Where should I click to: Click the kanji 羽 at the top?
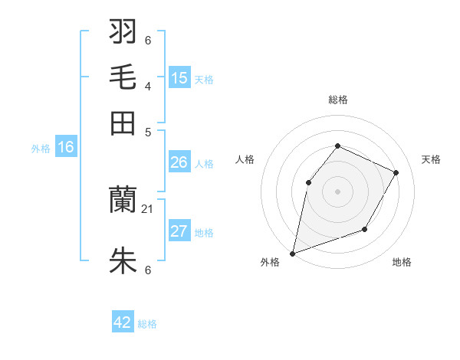(x=123, y=31)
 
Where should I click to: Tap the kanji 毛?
(x=123, y=77)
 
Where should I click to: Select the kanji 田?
(x=123, y=123)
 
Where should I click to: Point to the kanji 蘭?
(x=123, y=200)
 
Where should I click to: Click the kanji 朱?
(x=123, y=261)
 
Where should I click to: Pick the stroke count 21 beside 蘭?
(x=148, y=208)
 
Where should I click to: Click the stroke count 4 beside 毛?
(x=148, y=86)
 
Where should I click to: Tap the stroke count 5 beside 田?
(x=148, y=131)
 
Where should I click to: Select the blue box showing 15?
(x=179, y=77)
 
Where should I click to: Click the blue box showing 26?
(x=179, y=162)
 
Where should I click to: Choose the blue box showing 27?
(x=179, y=231)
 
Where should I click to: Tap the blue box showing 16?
(x=66, y=147)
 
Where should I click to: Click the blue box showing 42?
(x=123, y=322)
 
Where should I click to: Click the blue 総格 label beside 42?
(x=147, y=324)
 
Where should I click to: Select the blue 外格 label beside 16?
(x=41, y=149)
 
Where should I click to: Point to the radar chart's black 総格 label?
(x=337, y=100)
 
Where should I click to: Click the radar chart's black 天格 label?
(x=431, y=159)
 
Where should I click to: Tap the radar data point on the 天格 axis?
(x=396, y=172)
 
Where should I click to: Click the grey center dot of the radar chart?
(x=337, y=191)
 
